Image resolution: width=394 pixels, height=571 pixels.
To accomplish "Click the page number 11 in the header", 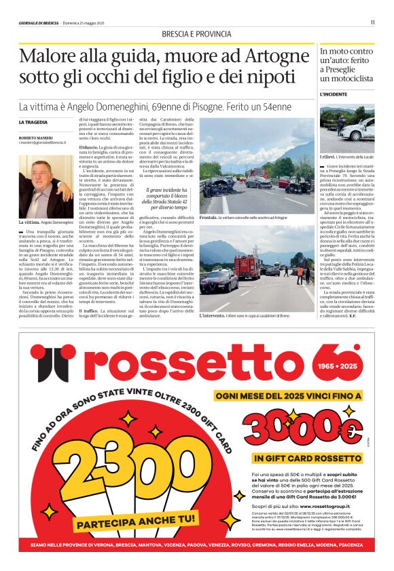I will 372,23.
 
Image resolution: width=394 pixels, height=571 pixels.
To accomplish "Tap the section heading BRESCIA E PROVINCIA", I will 196,35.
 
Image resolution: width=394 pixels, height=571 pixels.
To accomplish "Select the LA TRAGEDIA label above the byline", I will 33,121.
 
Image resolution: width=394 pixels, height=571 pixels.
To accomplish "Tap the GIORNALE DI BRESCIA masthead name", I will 39,23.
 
